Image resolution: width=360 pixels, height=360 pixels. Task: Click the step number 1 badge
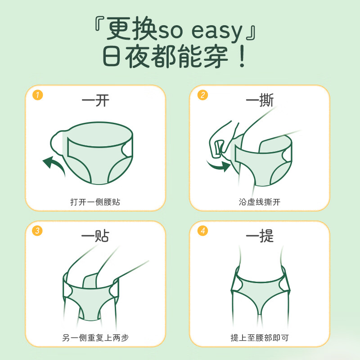[38, 95]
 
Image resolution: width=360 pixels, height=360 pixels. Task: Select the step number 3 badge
[38, 231]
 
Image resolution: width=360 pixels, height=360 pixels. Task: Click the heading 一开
[95, 100]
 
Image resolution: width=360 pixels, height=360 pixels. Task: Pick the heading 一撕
[260, 100]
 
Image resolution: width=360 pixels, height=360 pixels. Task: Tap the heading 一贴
[95, 236]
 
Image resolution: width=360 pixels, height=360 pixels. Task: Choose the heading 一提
[260, 236]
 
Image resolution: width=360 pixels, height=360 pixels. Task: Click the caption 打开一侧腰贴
[95, 202]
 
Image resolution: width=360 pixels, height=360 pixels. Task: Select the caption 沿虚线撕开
[260, 202]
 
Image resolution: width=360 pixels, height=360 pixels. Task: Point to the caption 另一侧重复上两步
[95, 337]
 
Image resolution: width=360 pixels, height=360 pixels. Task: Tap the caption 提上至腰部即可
[260, 337]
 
